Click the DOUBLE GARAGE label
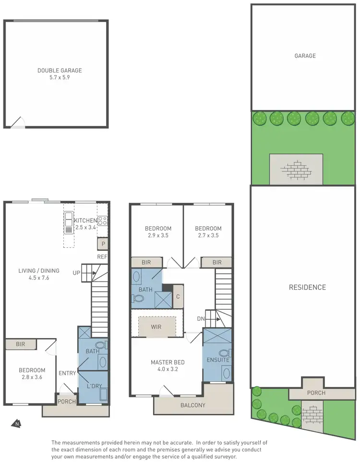tap(60, 71)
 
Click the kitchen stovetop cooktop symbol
tap(102, 221)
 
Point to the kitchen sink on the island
tap(69, 222)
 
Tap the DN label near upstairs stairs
tap(201, 318)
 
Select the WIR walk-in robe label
tap(156, 327)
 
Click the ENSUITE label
tap(217, 360)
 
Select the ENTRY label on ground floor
tap(67, 373)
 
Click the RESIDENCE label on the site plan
tap(307, 287)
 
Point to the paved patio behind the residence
tap(296, 169)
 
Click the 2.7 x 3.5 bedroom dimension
tap(208, 235)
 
